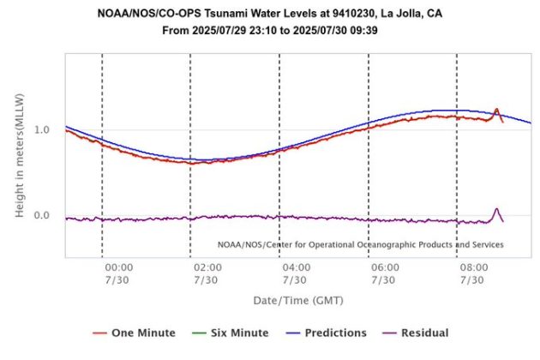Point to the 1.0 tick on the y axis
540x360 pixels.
point(42,129)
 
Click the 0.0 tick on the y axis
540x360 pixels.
point(42,215)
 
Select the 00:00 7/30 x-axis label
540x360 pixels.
point(119,273)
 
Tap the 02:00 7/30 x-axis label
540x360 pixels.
point(207,273)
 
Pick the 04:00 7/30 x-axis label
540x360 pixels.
point(295,273)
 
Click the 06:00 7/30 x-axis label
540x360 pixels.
point(384,273)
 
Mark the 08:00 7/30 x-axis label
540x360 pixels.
point(473,273)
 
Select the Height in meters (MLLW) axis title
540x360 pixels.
point(20,156)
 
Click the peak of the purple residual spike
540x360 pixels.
point(495,208)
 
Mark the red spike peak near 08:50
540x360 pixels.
point(496,110)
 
